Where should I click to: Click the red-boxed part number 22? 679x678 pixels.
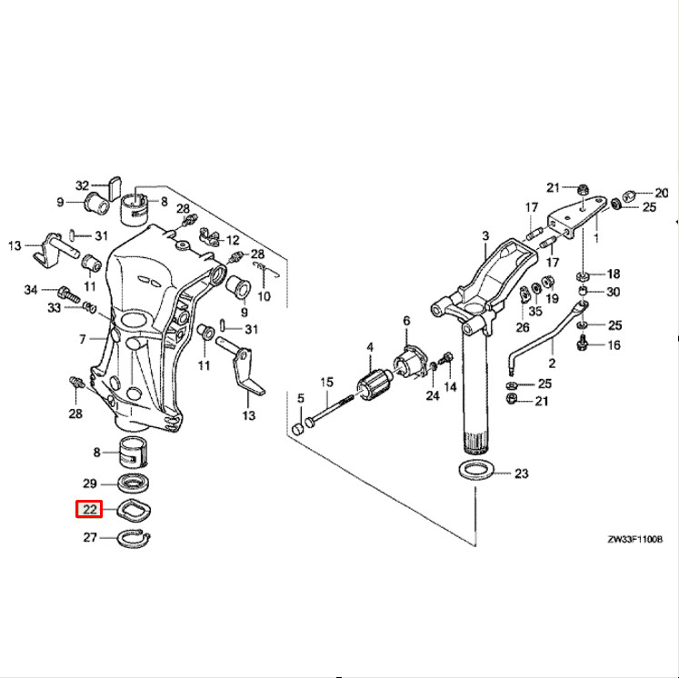point(89,508)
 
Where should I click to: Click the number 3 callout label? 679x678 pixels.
point(485,234)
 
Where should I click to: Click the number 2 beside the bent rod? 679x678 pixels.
point(552,363)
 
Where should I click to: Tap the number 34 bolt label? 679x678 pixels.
point(31,290)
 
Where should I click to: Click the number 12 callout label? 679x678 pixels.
point(234,241)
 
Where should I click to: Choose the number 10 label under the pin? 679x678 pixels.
point(264,296)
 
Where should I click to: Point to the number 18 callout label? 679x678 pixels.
point(614,274)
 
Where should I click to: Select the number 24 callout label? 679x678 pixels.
point(431,395)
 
